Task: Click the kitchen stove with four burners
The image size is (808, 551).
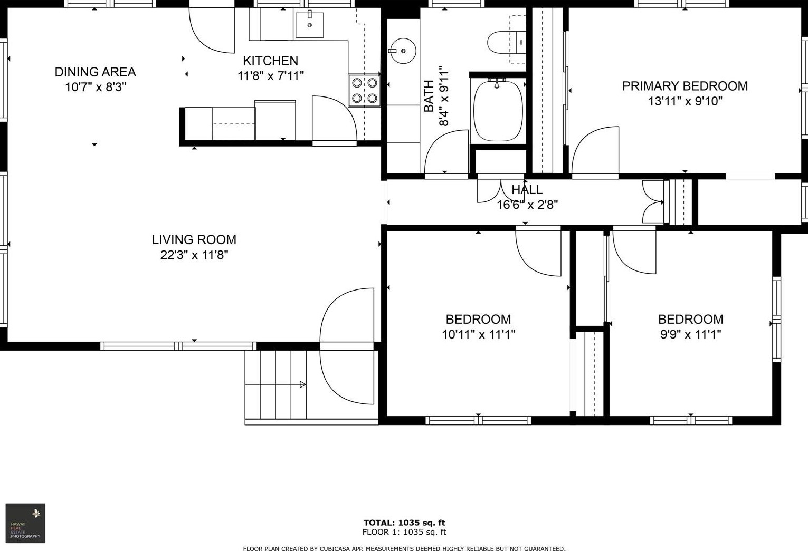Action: tap(365, 91)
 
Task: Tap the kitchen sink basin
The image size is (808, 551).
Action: tap(309, 24)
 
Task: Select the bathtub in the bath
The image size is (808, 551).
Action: tap(498, 110)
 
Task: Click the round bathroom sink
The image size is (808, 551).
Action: tap(403, 51)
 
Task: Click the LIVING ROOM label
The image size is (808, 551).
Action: tap(194, 239)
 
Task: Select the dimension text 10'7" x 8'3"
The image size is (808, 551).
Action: tap(96, 87)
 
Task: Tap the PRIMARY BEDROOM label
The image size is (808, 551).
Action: tap(685, 86)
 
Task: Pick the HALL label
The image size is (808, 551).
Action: tap(527, 190)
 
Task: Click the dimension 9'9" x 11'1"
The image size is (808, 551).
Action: tap(690, 334)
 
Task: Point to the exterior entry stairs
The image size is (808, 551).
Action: tap(275, 384)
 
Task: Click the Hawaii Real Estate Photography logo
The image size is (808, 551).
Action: tap(25, 523)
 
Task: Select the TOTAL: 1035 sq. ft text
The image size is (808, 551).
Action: tap(404, 523)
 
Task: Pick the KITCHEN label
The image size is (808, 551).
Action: tap(270, 61)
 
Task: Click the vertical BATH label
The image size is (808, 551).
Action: tap(429, 96)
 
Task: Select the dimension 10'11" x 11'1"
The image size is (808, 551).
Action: tap(478, 334)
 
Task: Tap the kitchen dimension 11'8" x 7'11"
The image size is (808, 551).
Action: tap(270, 76)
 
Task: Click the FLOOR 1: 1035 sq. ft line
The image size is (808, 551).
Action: tap(404, 532)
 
